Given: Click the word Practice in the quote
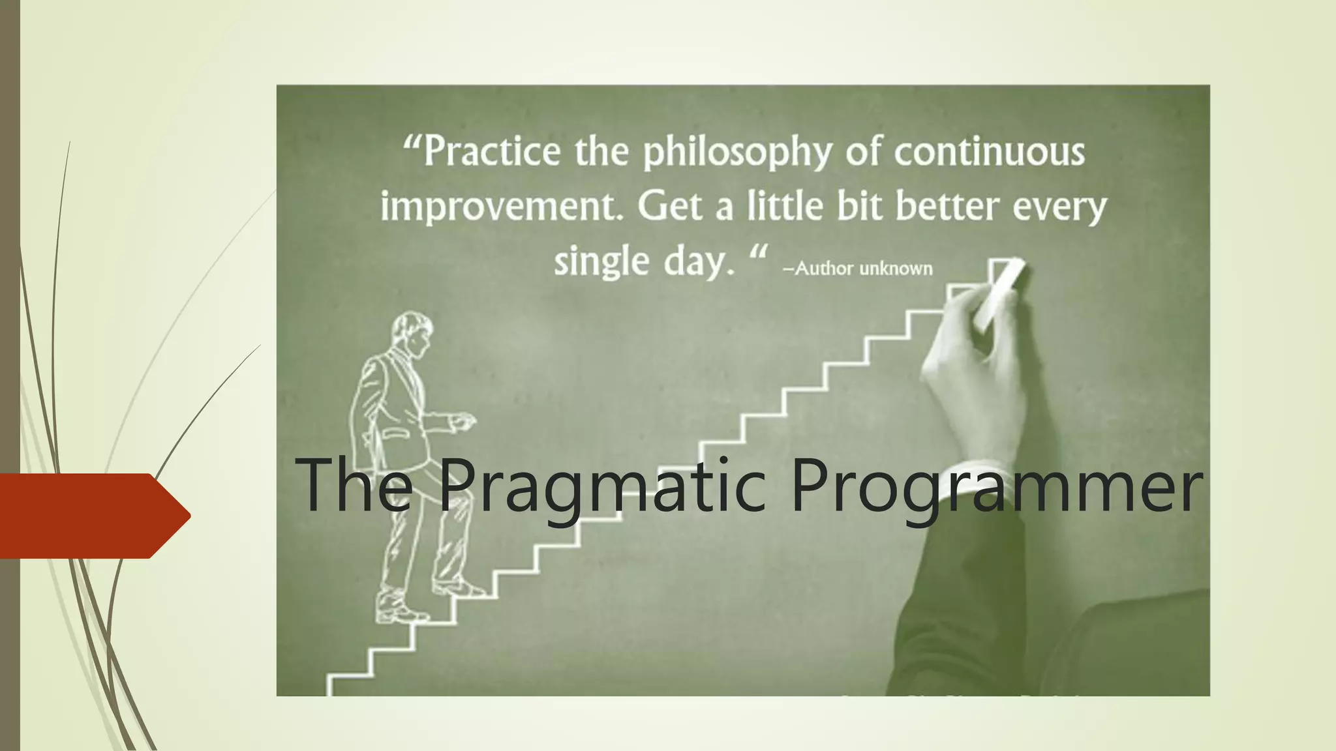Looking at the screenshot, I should (x=492, y=151).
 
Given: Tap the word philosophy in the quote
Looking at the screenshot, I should (x=737, y=153).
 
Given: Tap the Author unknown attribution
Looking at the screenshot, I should (x=858, y=269).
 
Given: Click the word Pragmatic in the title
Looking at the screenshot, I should (x=600, y=486).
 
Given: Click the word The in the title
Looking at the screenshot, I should (x=355, y=486).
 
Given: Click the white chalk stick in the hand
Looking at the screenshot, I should (x=998, y=293).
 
